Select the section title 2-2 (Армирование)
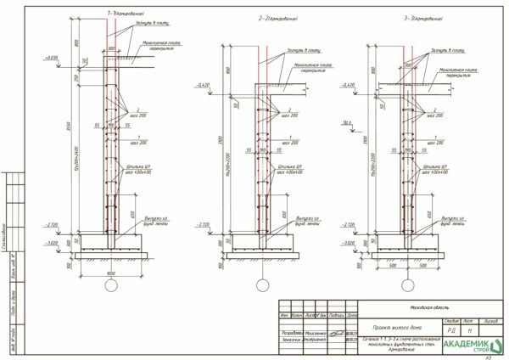pos(279,17)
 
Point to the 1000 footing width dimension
pos(110,273)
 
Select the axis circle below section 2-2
pos(262,287)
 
